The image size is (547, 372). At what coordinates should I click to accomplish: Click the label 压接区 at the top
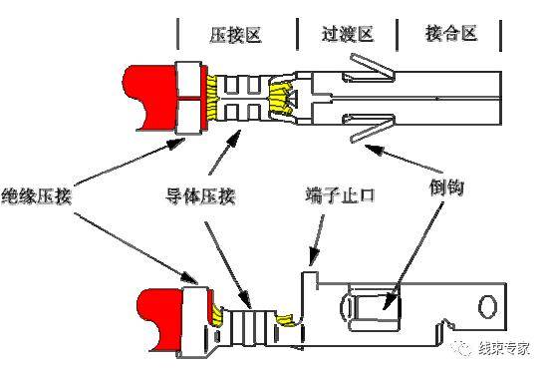pos(236,35)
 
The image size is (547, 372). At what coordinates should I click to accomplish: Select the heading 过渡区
pos(348,34)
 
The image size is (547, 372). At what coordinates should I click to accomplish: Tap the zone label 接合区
pos(451,33)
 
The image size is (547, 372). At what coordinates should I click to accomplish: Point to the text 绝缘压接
pos(36,195)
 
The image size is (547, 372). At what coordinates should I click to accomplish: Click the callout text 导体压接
pos(200,195)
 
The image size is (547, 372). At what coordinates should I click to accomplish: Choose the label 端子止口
pos(340,194)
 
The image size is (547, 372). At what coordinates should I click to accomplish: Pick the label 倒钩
pos(446,187)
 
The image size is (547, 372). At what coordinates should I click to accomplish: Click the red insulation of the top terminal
pos(150,95)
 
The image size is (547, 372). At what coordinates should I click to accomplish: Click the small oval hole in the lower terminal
pos(487,307)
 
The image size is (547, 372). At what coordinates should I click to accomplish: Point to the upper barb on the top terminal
pos(372,68)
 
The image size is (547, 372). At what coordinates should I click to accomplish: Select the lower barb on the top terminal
pos(372,128)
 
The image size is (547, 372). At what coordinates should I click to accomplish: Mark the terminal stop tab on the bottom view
pos(310,279)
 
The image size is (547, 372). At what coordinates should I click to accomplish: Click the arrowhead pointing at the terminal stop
pos(314,257)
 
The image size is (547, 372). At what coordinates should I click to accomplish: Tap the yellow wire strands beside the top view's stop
pos(281,99)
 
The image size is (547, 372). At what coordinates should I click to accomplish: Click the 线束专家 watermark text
pos(504,348)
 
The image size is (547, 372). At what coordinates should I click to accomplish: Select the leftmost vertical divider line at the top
pos(178,34)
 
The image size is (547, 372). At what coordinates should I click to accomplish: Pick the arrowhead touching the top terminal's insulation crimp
pos(176,143)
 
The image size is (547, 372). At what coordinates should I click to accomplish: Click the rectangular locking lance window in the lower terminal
pos(374,307)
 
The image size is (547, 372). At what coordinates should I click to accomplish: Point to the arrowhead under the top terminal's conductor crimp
pos(234,138)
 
